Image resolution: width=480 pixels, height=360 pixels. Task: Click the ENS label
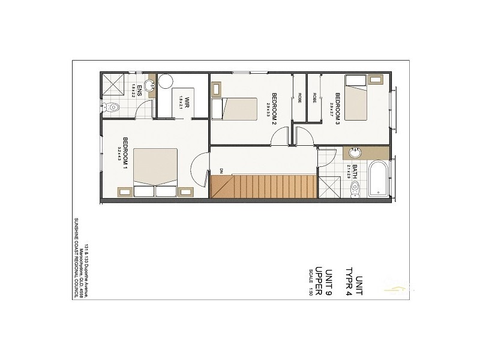(x=139, y=90)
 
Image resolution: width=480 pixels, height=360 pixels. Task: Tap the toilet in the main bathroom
(x=354, y=187)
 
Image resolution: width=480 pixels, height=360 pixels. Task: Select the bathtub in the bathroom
(x=379, y=178)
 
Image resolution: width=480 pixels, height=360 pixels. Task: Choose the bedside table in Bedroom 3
(x=376, y=79)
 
